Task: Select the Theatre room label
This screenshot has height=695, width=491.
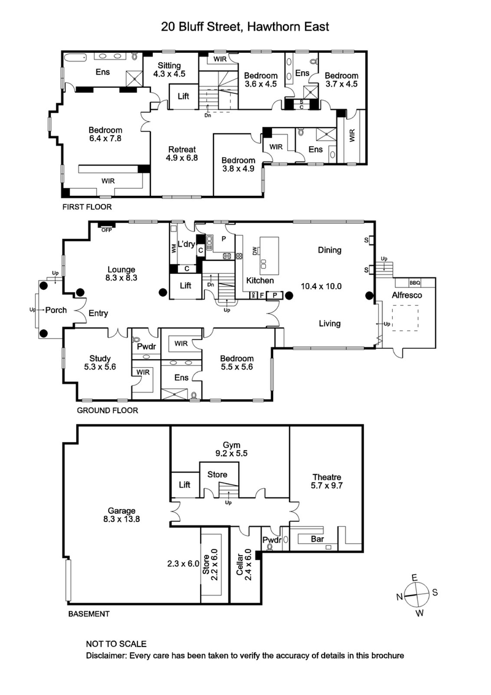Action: (x=327, y=482)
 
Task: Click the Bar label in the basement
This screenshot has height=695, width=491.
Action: (x=317, y=538)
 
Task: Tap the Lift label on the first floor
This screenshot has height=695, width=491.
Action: (x=184, y=96)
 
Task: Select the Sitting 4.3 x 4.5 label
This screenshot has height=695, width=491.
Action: (x=169, y=70)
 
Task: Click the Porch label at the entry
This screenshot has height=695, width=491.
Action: (x=56, y=310)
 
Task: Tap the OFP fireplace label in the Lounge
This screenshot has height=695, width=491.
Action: (x=107, y=230)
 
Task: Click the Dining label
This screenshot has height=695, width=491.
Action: (x=330, y=250)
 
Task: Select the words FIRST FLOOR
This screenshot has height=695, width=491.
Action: (x=87, y=207)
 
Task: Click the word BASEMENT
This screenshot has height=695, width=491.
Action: (x=88, y=613)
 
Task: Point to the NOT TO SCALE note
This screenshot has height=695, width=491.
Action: (x=116, y=644)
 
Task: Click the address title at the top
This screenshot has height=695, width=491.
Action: (x=245, y=26)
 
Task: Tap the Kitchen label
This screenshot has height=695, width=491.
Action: (x=259, y=281)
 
